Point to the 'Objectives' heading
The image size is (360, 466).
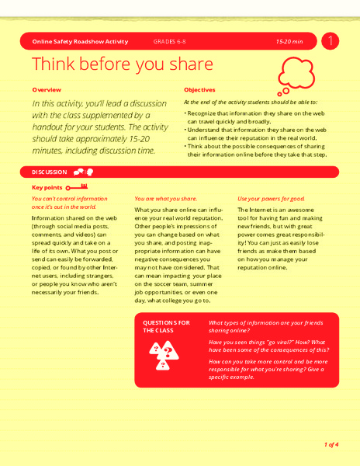(x=199, y=89)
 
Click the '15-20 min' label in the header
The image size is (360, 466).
(x=289, y=40)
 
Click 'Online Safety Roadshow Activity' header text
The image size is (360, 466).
(x=80, y=40)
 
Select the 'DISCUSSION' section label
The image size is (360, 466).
(x=50, y=172)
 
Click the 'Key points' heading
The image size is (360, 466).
(x=47, y=187)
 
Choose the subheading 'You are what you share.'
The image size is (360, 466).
(x=166, y=199)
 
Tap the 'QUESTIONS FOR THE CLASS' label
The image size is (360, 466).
(x=167, y=326)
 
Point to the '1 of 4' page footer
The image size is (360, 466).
(x=331, y=444)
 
